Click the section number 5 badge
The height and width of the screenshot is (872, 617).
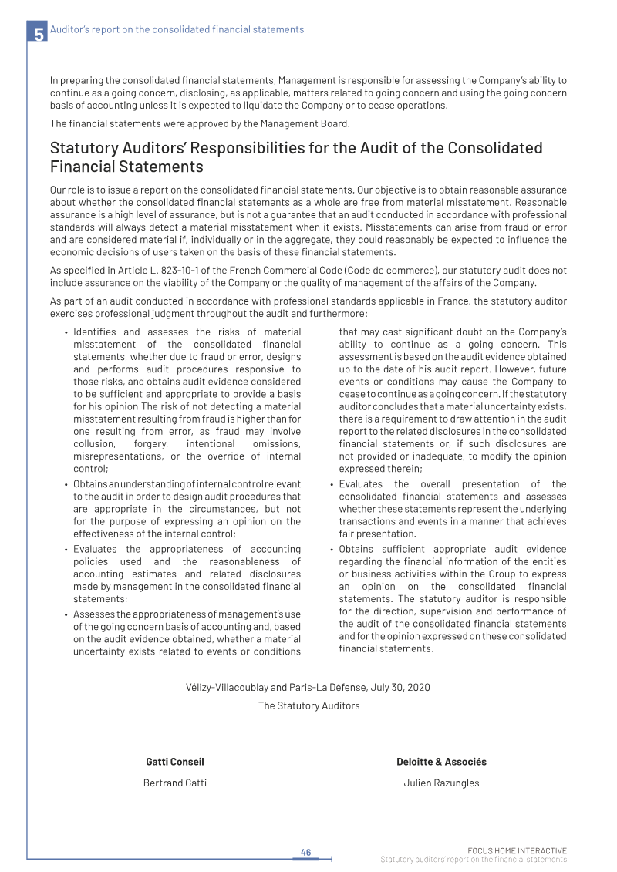point(38,33)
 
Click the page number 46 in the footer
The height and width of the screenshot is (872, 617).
point(305,852)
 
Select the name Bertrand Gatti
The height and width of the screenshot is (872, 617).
point(175,783)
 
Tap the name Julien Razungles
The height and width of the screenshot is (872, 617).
point(441,783)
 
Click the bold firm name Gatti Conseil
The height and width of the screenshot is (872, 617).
point(175,762)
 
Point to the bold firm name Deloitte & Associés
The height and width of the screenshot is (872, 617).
point(441,762)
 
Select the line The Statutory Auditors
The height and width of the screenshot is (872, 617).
point(308,705)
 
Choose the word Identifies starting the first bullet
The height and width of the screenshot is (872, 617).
point(95,332)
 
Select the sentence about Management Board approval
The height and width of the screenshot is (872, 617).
point(200,123)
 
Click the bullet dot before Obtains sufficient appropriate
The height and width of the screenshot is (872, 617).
point(331,550)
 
